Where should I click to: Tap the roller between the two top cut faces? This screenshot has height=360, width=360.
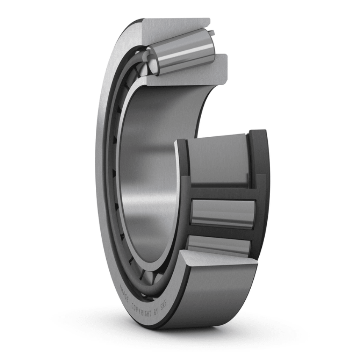point(186,53)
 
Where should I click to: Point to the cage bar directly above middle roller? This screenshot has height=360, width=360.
point(220,193)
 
